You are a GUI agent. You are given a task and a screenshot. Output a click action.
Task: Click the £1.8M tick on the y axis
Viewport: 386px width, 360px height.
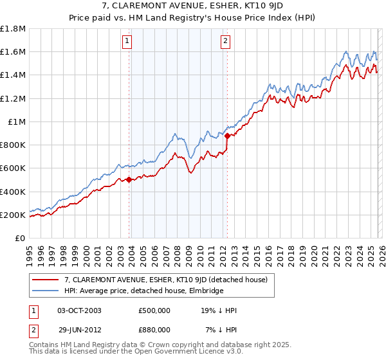(x=13, y=29)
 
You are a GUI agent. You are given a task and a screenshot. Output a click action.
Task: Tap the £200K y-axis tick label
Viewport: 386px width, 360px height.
(x=13, y=215)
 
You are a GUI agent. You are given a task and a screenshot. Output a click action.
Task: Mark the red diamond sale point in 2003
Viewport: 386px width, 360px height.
(x=129, y=180)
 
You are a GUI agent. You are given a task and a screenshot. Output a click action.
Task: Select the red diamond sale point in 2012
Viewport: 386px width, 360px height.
(x=227, y=136)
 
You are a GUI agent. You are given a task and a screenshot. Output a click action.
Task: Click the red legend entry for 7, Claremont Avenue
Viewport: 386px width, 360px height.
(x=170, y=279)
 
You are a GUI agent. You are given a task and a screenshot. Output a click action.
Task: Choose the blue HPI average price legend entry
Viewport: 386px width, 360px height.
(x=143, y=291)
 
